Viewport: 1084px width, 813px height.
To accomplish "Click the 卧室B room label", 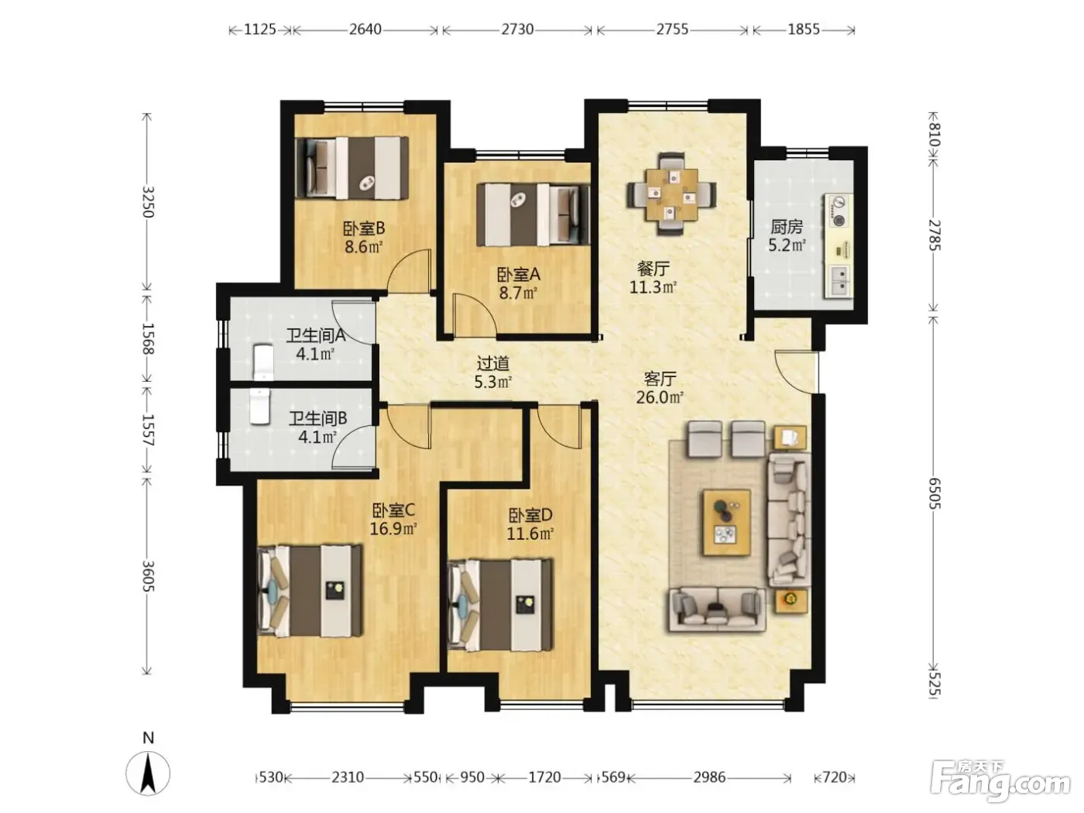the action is click(x=363, y=228).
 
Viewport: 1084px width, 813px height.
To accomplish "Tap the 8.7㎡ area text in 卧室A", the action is click(x=517, y=293).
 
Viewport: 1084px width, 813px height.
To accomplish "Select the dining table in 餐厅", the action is click(x=671, y=194).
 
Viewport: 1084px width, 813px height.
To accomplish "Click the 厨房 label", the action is click(x=787, y=227).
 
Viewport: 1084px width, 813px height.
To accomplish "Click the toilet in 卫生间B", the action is click(x=259, y=406).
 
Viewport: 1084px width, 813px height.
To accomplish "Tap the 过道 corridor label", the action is click(x=492, y=364).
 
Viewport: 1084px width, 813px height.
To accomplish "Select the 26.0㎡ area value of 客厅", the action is click(x=659, y=397).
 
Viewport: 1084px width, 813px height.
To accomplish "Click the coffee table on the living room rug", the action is click(x=726, y=522).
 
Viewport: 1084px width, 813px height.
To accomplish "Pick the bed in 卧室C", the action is click(x=310, y=591).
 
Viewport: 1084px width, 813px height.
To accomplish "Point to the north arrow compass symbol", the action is click(x=148, y=774).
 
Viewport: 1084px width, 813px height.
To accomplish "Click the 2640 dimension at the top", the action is click(x=365, y=29).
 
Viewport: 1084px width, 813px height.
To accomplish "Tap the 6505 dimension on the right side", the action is click(x=935, y=492).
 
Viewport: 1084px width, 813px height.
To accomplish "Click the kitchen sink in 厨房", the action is click(x=839, y=281).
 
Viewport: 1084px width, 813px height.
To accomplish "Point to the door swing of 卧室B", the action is click(x=409, y=271).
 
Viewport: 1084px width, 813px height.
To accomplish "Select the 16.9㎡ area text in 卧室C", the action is click(x=393, y=529).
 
